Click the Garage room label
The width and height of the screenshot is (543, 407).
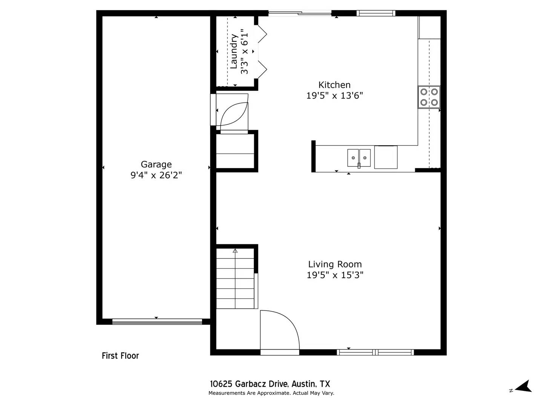point(156,164)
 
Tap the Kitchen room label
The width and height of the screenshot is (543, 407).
point(334,85)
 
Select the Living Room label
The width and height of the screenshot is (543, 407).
point(335,264)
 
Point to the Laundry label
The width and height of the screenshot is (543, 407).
point(234,51)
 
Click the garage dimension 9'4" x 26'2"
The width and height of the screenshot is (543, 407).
point(156,175)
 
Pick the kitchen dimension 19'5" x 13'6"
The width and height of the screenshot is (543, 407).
point(334,96)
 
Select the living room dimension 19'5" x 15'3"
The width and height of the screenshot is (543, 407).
point(335,275)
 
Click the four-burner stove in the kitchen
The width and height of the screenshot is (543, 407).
point(429,97)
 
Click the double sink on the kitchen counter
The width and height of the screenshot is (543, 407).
point(359,158)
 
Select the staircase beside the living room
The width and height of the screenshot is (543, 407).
point(235,279)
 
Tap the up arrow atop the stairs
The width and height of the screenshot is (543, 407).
point(235,251)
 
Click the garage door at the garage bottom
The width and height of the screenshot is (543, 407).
point(157,321)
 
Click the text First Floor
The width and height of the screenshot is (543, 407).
point(120,356)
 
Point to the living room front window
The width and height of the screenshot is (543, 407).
point(375,352)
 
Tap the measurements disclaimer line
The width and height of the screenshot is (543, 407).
point(271,393)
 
